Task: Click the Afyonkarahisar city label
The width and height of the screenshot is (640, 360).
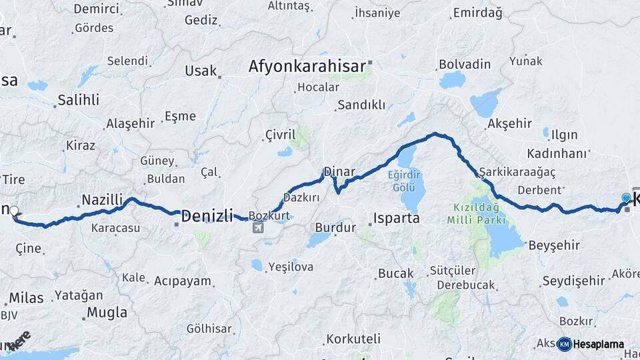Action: point(307,66)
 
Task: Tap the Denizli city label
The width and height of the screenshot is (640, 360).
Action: point(207,215)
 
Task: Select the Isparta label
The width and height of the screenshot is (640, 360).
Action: point(396,218)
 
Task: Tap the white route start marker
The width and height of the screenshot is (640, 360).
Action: point(14,211)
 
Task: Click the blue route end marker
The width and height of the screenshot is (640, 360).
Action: point(625,198)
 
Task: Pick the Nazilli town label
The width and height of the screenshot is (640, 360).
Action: point(102,199)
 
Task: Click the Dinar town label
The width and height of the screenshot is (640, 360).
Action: point(339,171)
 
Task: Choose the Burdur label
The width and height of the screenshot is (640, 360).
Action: point(331,227)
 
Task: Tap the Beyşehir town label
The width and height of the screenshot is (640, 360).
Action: point(554,245)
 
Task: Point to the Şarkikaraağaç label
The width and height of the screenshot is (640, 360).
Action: point(517,171)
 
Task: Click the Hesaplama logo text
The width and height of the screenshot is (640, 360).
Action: point(598,345)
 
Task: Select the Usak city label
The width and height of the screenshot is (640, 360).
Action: point(201,71)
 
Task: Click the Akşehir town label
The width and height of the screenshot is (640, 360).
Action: point(509,123)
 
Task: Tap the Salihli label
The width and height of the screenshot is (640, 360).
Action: point(78,100)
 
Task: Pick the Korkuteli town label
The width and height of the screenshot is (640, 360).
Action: point(353,339)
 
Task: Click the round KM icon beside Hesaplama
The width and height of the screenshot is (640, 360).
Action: point(564,344)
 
